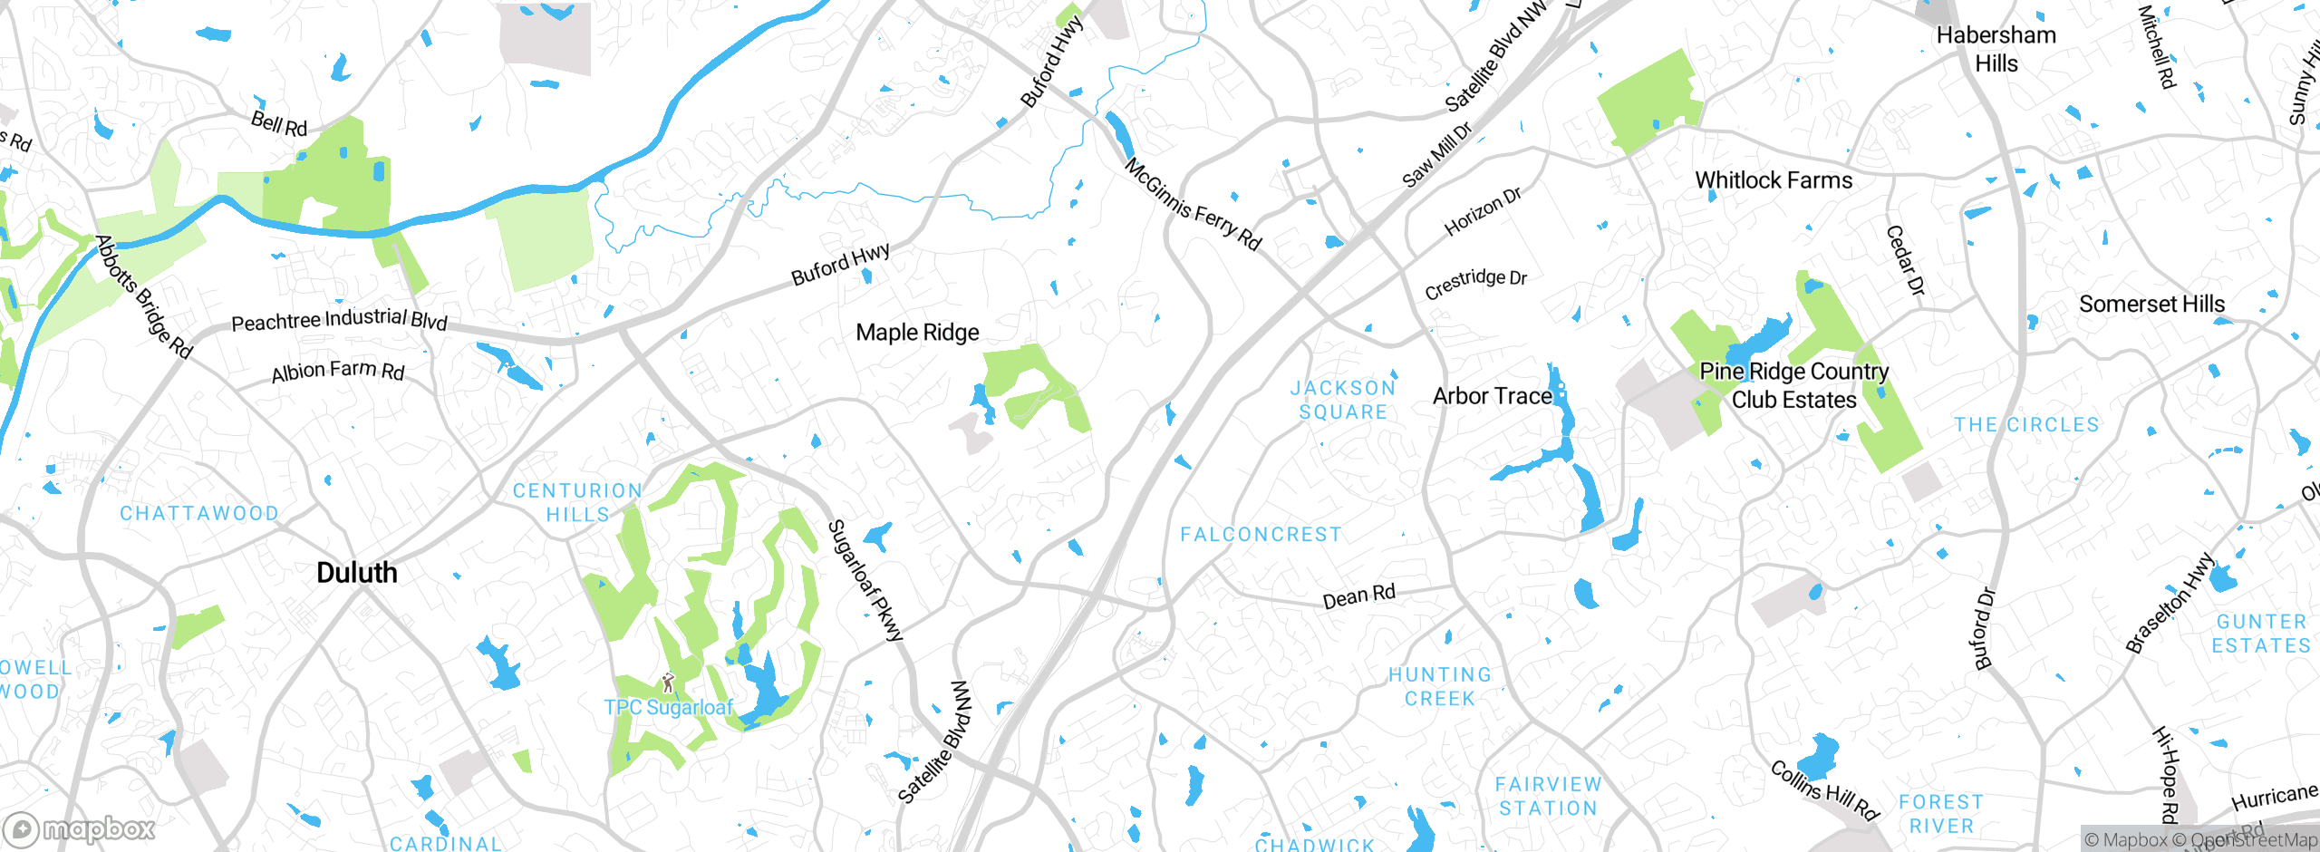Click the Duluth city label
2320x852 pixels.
point(357,573)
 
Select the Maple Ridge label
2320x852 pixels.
point(917,333)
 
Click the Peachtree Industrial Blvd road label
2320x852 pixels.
point(339,320)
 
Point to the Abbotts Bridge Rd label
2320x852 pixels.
point(144,296)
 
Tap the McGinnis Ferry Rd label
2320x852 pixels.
point(1193,205)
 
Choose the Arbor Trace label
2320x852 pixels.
point(1492,396)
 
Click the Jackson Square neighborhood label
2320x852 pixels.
point(1343,400)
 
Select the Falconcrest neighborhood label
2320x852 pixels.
point(1261,535)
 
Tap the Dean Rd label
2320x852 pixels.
point(1358,596)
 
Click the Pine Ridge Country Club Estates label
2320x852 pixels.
point(1793,385)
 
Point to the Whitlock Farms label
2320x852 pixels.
point(1774,180)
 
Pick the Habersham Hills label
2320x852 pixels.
point(1996,49)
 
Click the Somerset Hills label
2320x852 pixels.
point(2151,305)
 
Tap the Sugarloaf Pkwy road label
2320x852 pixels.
point(865,580)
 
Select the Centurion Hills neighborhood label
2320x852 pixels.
point(577,502)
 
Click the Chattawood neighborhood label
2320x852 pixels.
point(199,513)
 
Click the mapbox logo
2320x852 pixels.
point(80,829)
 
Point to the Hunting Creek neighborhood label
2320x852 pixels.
point(1440,686)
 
